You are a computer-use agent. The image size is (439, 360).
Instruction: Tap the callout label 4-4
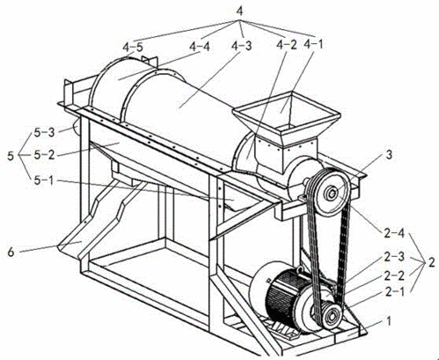(200, 47)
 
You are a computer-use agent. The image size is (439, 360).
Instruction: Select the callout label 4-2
(287, 45)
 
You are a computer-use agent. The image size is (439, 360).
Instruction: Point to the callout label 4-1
(313, 45)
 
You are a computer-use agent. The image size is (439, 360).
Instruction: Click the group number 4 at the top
(239, 11)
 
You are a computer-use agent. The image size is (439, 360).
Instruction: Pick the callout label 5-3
(44, 133)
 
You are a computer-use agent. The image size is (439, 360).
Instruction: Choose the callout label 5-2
(44, 155)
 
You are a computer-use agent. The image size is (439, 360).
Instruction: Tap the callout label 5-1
(44, 180)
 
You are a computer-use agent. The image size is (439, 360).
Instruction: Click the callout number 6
(11, 252)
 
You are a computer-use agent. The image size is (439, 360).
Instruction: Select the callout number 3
(389, 155)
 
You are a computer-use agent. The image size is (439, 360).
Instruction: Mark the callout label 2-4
(394, 233)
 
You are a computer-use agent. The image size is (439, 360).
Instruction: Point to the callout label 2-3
(394, 257)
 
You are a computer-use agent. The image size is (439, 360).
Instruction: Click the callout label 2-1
(394, 292)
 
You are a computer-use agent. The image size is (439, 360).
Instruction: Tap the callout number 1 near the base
(388, 320)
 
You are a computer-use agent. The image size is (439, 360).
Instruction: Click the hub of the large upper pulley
(332, 193)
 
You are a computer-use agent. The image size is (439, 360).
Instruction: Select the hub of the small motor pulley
(332, 317)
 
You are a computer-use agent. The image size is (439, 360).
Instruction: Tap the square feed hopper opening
(287, 112)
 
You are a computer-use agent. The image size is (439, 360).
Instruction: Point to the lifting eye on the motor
(299, 269)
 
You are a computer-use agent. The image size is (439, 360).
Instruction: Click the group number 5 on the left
(11, 156)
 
